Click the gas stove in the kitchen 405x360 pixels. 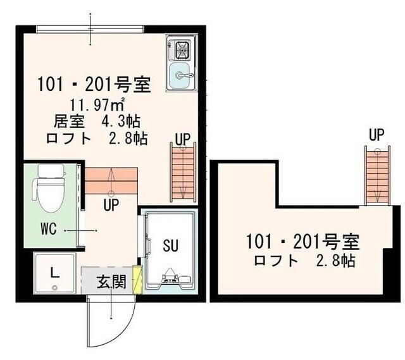coord(182,49)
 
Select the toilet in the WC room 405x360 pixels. coord(49,189)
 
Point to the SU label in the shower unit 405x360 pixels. coord(170,244)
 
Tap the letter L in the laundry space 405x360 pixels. coord(55,273)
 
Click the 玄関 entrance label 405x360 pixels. coord(111,283)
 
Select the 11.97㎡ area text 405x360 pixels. coord(96,103)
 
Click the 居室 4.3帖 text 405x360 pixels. coord(96,121)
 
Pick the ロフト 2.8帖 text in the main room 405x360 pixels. coord(96,139)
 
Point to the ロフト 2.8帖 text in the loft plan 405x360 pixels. coord(303,259)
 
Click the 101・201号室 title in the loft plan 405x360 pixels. coord(303,241)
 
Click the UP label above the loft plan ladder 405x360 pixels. coord(377,134)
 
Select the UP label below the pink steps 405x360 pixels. coord(111,204)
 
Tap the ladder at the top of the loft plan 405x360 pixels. coord(376,175)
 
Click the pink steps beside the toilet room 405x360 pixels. coord(111,181)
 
